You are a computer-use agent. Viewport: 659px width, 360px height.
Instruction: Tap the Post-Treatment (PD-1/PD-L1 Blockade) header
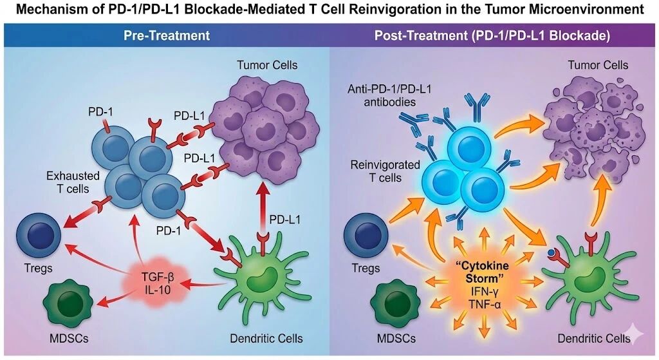(x=492, y=36)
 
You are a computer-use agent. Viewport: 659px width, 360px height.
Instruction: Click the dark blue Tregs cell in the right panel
(x=365, y=231)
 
